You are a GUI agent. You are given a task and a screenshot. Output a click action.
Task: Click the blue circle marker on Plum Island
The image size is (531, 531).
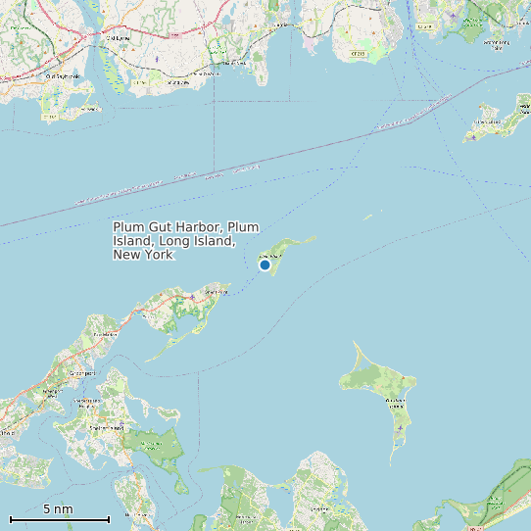click(x=265, y=265)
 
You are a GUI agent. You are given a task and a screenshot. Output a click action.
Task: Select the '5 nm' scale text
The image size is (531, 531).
click(x=58, y=509)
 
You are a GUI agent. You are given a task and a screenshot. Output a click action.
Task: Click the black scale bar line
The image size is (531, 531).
click(x=59, y=519)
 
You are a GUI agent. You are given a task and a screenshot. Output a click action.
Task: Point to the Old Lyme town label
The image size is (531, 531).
click(x=118, y=37)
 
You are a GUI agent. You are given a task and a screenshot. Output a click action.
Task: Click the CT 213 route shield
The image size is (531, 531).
click(x=358, y=54)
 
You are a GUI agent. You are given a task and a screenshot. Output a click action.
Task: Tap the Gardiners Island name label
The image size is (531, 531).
click(x=395, y=401)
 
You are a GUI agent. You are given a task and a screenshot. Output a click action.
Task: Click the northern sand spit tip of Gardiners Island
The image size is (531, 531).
click(x=355, y=344)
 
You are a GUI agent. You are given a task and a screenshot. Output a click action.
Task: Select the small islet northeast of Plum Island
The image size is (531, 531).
click(x=367, y=217)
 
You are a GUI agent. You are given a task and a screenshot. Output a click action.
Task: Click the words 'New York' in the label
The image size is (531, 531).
click(x=143, y=255)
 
